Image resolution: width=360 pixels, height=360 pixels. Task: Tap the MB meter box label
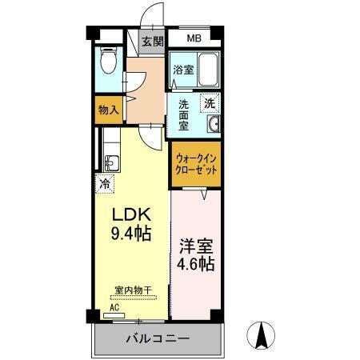[194, 38]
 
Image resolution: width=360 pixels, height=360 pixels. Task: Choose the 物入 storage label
[108, 110]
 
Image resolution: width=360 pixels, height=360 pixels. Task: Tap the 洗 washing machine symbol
[210, 102]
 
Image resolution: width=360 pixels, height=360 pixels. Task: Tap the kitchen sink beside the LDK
[110, 162]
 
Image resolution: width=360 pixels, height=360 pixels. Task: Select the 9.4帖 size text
[130, 234]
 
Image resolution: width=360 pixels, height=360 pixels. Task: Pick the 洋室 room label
[195, 244]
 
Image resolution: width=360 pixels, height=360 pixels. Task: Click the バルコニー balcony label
[157, 339]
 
